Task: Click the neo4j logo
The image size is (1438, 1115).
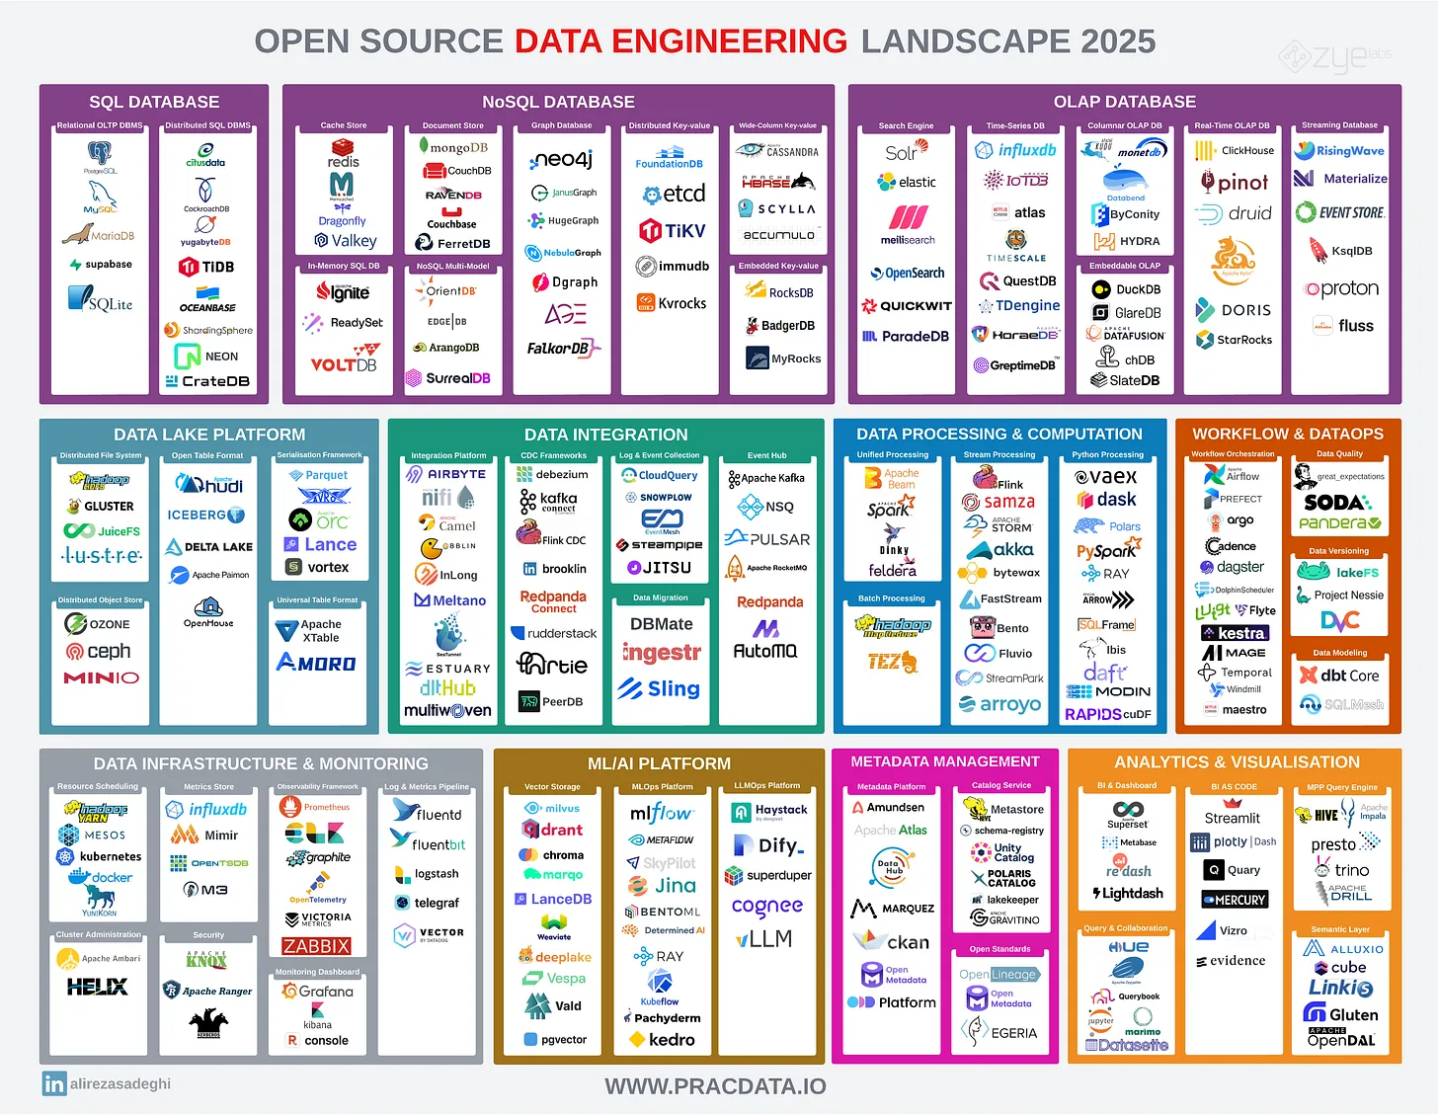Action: pyautogui.click(x=561, y=159)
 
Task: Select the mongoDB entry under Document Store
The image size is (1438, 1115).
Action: pyautogui.click(x=453, y=147)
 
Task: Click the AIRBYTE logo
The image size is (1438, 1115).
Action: pyautogui.click(x=446, y=474)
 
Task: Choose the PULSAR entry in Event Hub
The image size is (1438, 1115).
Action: pyautogui.click(x=767, y=539)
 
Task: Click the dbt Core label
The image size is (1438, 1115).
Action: pyautogui.click(x=1339, y=676)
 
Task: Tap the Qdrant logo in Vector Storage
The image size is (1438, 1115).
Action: pyautogui.click(x=552, y=830)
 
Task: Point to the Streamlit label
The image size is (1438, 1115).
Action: pyautogui.click(x=1232, y=818)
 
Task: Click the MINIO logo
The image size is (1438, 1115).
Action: pyautogui.click(x=101, y=677)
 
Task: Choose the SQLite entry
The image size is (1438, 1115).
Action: pyautogui.click(x=100, y=300)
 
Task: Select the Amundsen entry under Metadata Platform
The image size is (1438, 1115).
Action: pyautogui.click(x=888, y=807)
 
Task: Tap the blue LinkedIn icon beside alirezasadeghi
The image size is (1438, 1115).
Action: pyautogui.click(x=53, y=1083)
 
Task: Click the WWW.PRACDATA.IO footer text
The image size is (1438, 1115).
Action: pyautogui.click(x=715, y=1086)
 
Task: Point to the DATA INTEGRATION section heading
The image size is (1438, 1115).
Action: pyautogui.click(x=605, y=435)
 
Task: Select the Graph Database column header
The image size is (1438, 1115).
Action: pyautogui.click(x=561, y=125)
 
